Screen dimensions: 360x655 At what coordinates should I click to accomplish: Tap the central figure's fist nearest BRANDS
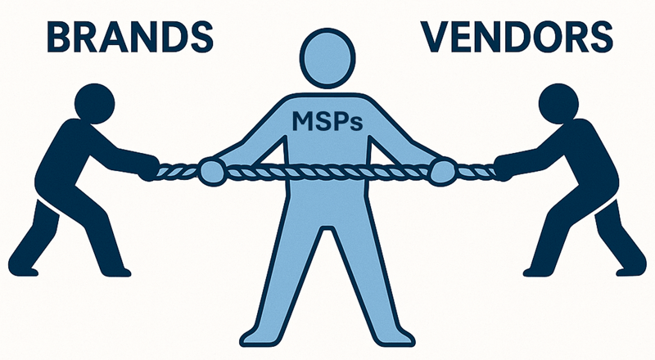212,171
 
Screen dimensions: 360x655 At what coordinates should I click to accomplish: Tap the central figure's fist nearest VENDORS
442,171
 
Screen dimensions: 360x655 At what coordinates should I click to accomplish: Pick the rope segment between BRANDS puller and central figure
180,171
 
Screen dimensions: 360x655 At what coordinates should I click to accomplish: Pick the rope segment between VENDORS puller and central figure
473,171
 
